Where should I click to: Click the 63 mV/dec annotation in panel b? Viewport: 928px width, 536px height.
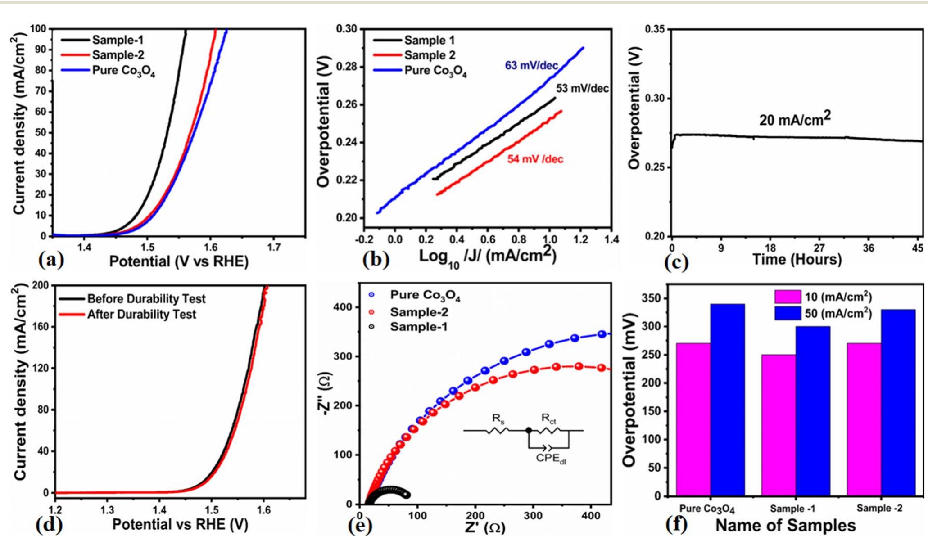[x=531, y=66]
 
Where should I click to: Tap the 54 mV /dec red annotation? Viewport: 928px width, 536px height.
[x=535, y=159]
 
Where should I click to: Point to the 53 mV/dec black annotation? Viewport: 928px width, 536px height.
[x=582, y=89]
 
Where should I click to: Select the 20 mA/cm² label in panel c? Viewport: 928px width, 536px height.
[x=795, y=119]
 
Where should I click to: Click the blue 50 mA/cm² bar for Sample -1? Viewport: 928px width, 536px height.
[x=813, y=410]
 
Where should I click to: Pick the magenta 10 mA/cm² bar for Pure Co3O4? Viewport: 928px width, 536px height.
[x=693, y=419]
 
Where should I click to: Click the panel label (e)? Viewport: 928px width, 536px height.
[x=360, y=525]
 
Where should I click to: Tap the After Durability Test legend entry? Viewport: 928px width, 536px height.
[x=141, y=314]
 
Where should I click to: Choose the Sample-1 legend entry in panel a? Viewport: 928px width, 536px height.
[x=118, y=41]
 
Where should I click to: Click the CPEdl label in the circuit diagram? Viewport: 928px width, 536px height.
[x=551, y=459]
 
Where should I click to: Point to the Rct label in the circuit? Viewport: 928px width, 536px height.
[x=548, y=419]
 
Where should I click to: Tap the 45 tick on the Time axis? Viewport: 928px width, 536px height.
[x=918, y=248]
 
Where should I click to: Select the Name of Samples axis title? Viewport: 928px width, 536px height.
[x=785, y=525]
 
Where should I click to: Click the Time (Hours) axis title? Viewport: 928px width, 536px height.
[x=797, y=260]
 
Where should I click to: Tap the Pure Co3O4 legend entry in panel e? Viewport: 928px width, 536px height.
[x=425, y=296]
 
